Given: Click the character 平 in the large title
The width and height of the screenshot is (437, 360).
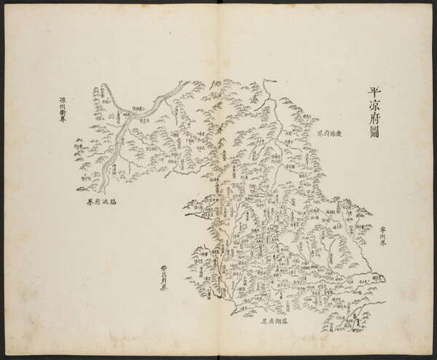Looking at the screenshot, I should point(375,93).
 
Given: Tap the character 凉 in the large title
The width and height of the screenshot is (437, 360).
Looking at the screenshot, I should point(375,106).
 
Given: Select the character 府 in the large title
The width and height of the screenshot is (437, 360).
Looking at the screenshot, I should point(375,120).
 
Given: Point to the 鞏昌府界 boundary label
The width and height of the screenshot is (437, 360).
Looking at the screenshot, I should point(165,278).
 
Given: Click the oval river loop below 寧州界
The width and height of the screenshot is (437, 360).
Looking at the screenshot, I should point(377,277).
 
